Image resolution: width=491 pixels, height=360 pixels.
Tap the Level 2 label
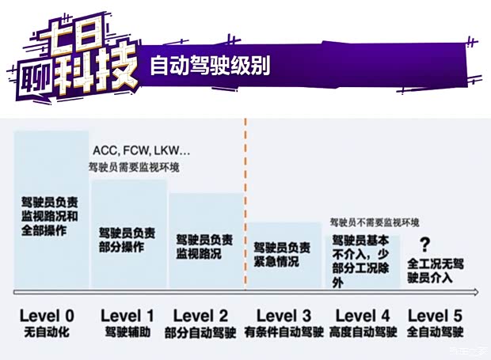click(200, 315)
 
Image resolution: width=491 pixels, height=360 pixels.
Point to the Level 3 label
click(284, 315)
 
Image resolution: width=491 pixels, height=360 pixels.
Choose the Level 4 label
click(363, 315)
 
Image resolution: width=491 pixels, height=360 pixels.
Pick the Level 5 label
click(436, 315)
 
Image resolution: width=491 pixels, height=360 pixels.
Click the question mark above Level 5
click(425, 244)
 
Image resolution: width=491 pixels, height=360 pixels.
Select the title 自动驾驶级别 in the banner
click(210, 66)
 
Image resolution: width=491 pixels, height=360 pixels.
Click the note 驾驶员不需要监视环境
click(375, 223)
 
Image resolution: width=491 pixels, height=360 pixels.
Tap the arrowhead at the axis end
click(475, 293)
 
